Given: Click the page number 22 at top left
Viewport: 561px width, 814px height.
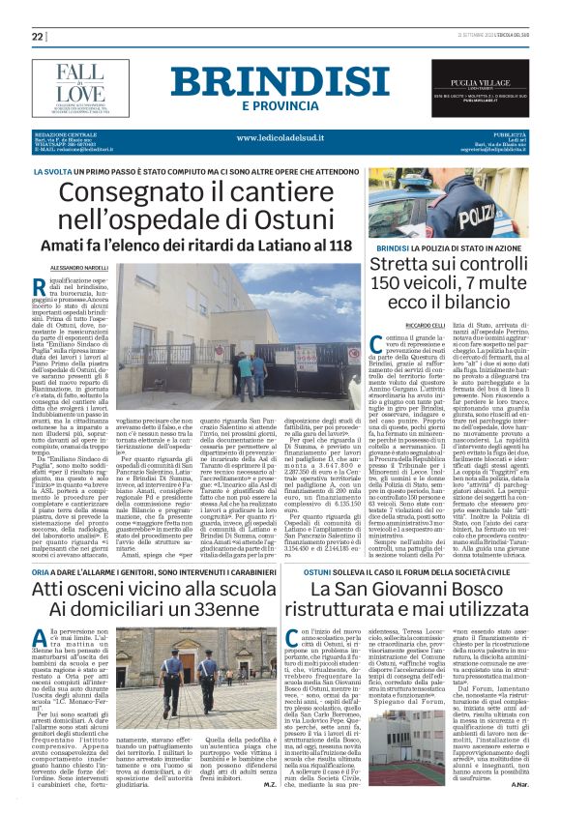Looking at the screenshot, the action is click(38, 36).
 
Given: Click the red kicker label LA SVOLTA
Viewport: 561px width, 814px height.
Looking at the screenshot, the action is click(52, 171).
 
